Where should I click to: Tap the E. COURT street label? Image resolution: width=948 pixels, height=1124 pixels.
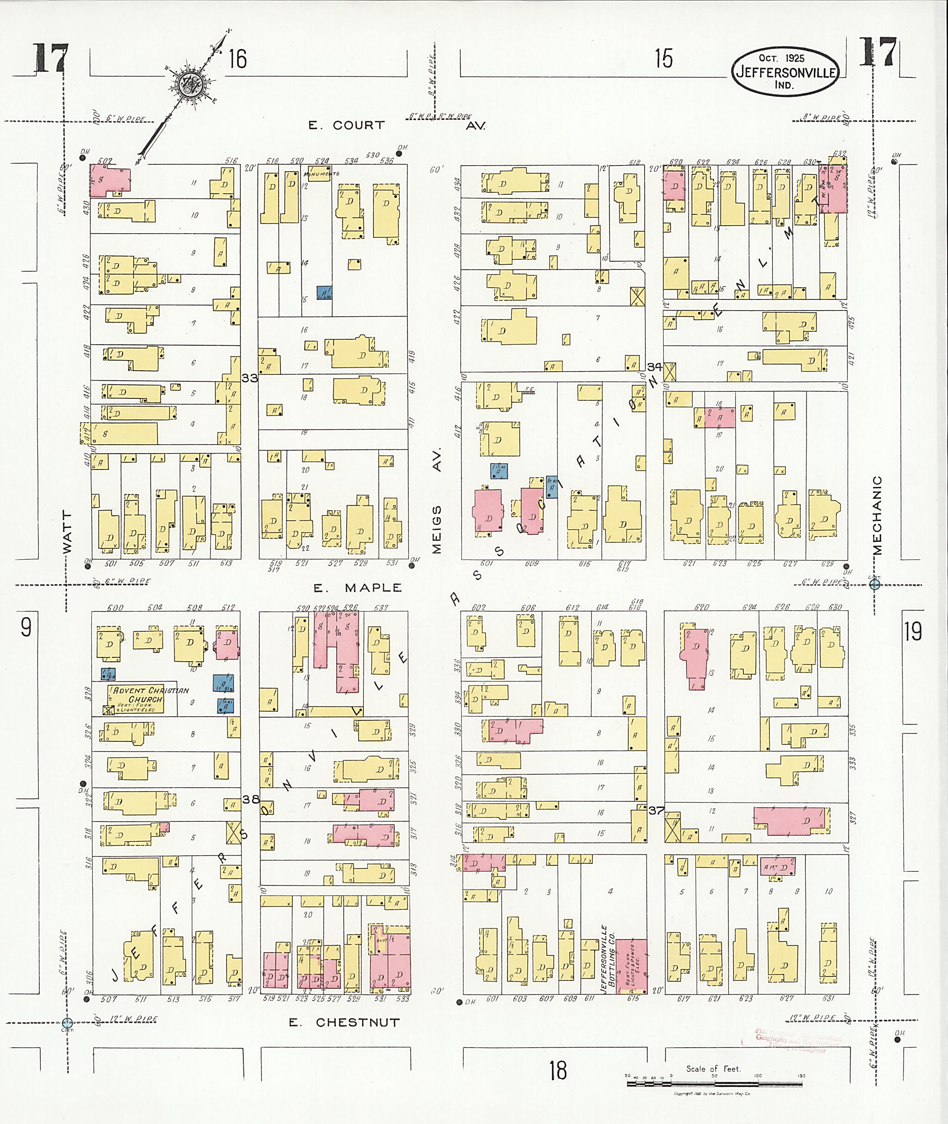(347, 125)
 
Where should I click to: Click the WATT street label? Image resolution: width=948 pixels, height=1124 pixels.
(67, 532)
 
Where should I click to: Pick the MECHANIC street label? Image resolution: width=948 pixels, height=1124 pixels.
(877, 515)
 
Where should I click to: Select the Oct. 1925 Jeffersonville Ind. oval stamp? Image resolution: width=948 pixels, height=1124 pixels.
(785, 71)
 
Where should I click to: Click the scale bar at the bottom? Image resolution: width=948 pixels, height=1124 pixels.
(714, 1084)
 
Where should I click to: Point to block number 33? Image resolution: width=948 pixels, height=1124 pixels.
(249, 378)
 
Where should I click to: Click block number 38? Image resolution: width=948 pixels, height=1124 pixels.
(250, 799)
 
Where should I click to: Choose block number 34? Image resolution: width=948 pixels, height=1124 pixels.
(655, 366)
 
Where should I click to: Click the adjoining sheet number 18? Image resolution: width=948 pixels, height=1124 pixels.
(558, 1070)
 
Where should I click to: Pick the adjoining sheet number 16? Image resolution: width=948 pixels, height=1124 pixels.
(237, 59)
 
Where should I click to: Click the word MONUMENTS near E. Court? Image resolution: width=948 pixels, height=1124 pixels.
(322, 174)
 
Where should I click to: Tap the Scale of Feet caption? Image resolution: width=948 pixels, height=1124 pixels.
(713, 1068)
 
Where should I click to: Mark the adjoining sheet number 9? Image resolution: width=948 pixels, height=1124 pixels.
(26, 627)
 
